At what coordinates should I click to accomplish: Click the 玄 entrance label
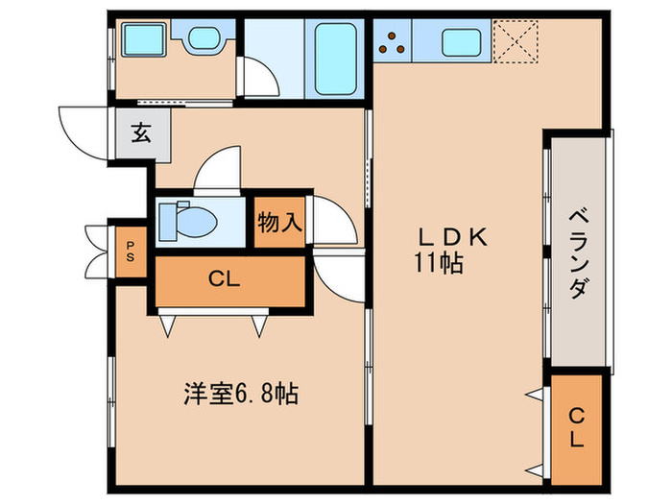tap(141, 132)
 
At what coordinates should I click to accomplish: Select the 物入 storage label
tap(279, 223)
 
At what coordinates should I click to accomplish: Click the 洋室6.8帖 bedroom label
tap(241, 394)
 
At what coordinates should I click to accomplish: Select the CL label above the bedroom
tap(224, 280)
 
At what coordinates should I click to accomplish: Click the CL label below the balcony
tap(576, 428)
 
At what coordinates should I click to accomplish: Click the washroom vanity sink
tap(204, 39)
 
